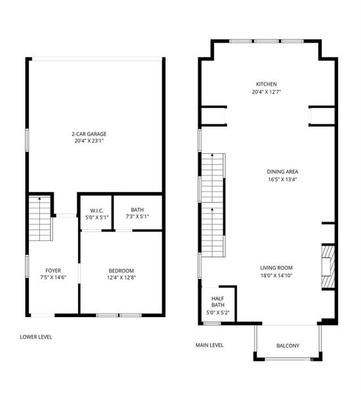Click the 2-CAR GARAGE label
click(89, 134)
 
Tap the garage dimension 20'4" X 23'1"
click(89, 141)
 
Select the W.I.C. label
click(94, 210)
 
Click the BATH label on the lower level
click(138, 210)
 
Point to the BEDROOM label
click(121, 271)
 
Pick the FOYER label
click(53, 271)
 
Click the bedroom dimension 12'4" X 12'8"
click(121, 278)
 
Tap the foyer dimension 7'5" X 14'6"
click(53, 278)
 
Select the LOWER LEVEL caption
click(36, 337)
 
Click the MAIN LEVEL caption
click(210, 345)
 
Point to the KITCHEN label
click(266, 84)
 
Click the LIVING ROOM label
click(276, 268)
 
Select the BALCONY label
click(288, 346)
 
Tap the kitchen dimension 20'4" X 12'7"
click(266, 92)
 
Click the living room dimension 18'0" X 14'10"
click(276, 276)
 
